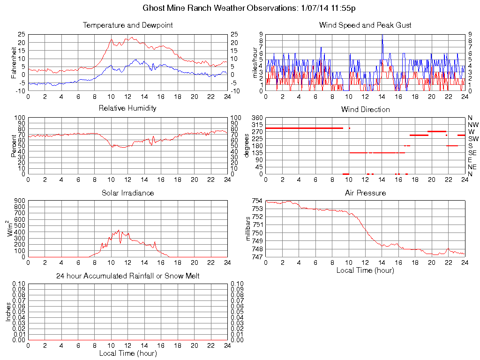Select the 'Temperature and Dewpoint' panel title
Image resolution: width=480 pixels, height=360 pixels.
[127, 25]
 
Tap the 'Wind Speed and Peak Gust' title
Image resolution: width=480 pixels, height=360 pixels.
[365, 25]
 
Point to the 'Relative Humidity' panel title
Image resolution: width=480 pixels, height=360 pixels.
[127, 108]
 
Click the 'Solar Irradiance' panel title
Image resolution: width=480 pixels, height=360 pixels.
[127, 193]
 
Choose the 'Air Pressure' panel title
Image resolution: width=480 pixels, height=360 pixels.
[365, 193]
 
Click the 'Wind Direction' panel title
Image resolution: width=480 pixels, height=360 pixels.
[365, 110]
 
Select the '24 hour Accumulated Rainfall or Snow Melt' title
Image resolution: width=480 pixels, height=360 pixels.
[127, 276]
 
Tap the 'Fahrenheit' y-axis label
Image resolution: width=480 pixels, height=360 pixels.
[15, 62]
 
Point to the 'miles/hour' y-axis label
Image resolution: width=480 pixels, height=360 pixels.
[256, 62]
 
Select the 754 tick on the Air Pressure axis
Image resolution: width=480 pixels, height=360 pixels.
[257, 201]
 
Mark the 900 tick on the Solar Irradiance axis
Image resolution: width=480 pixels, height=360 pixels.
[19, 201]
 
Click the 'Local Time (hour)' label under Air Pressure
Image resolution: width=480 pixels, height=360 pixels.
[365, 270]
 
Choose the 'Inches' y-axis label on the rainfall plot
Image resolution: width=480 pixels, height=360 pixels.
[8, 312]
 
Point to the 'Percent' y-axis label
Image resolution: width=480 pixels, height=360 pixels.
[15, 146]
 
